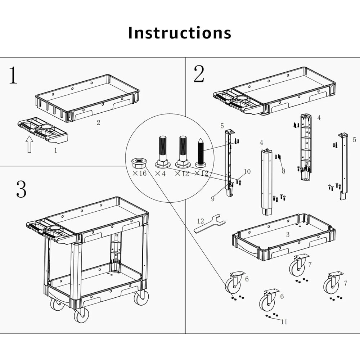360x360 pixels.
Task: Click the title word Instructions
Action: (x=180, y=32)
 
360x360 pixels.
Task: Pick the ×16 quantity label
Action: (x=139, y=174)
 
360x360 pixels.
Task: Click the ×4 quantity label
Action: (x=160, y=174)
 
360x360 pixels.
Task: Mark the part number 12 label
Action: (x=201, y=220)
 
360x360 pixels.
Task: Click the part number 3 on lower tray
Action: (x=287, y=235)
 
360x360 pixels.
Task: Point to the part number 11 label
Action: (x=284, y=322)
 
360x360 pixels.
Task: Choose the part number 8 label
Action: (x=283, y=171)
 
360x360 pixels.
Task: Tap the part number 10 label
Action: (x=247, y=172)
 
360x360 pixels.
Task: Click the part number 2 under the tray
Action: (x=98, y=122)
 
